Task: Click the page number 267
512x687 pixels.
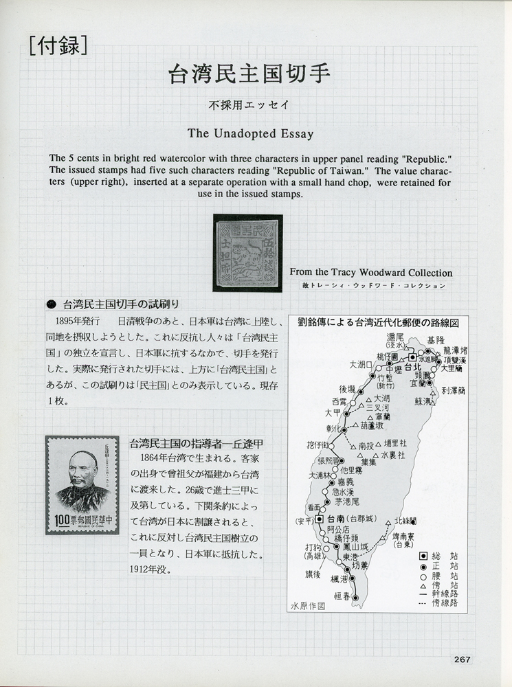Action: click(x=462, y=660)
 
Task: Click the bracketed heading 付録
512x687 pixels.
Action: click(x=58, y=46)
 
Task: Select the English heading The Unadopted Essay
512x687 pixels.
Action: click(x=250, y=133)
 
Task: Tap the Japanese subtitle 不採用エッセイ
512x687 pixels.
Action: click(x=250, y=106)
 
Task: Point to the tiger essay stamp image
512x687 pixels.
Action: click(x=248, y=252)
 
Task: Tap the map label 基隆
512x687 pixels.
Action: click(x=436, y=340)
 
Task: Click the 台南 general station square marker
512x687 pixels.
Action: click(x=319, y=519)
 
